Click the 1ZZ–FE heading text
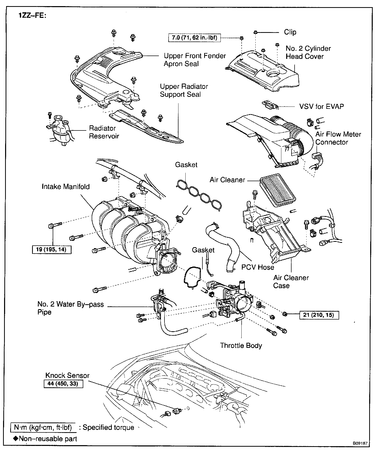click(x=32, y=16)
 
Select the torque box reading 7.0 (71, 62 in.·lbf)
click(x=195, y=38)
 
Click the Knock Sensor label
click(x=67, y=375)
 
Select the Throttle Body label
click(x=241, y=346)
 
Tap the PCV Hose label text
click(x=258, y=267)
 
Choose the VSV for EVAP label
click(x=322, y=106)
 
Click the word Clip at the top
click(x=290, y=32)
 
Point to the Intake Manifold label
click(x=66, y=187)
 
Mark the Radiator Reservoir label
click(x=104, y=132)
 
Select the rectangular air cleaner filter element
click(x=278, y=189)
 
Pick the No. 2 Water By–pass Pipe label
click(x=71, y=308)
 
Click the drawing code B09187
click(x=360, y=443)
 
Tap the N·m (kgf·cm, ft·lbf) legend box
click(x=43, y=427)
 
